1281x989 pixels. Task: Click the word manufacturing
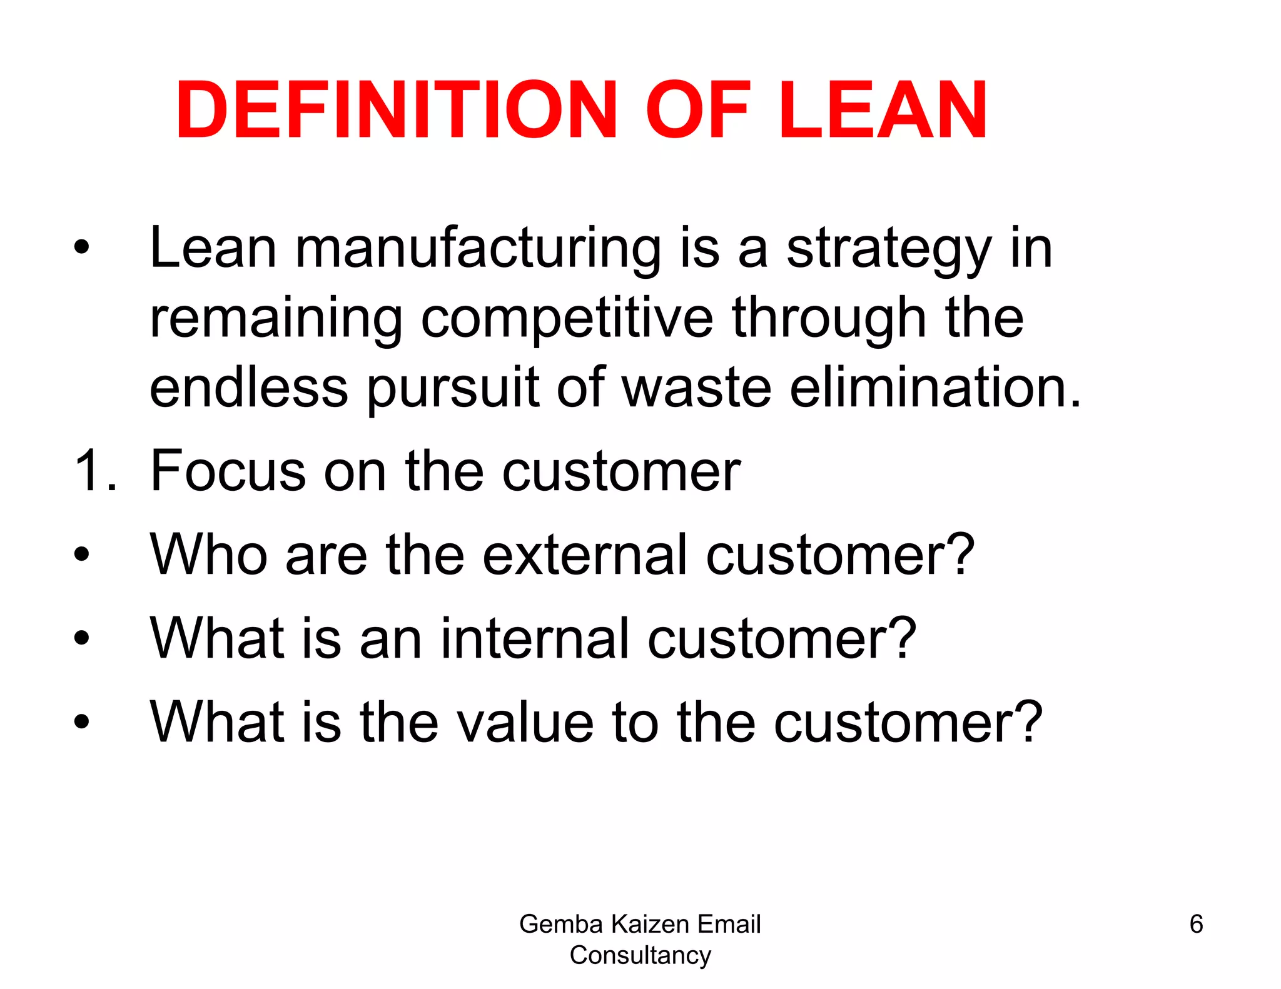(x=478, y=249)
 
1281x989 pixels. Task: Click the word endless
(x=248, y=388)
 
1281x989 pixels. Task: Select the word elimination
(x=935, y=388)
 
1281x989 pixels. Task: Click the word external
(x=585, y=555)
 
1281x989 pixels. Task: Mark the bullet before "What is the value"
(x=81, y=722)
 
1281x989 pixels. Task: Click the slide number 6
(x=1196, y=923)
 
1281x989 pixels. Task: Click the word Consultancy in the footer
(x=640, y=955)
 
